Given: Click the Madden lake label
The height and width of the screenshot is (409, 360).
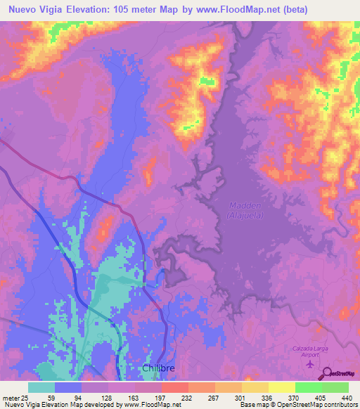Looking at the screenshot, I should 245,205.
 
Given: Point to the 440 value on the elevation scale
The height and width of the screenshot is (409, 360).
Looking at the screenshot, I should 345,397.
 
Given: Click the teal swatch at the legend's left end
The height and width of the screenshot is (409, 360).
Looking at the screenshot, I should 41,387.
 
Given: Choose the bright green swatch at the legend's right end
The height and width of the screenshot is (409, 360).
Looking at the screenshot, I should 335,387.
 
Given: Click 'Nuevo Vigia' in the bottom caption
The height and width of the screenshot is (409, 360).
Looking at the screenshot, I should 20,405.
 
